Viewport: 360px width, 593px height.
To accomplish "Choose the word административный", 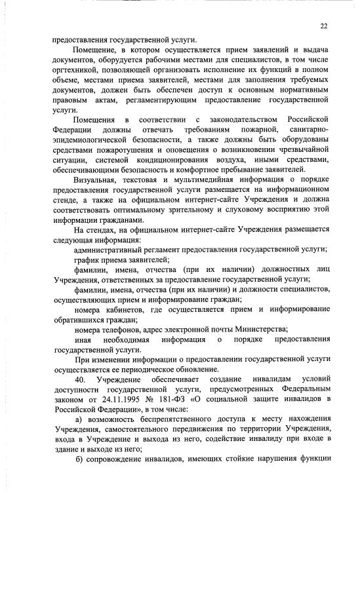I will point(109,251).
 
